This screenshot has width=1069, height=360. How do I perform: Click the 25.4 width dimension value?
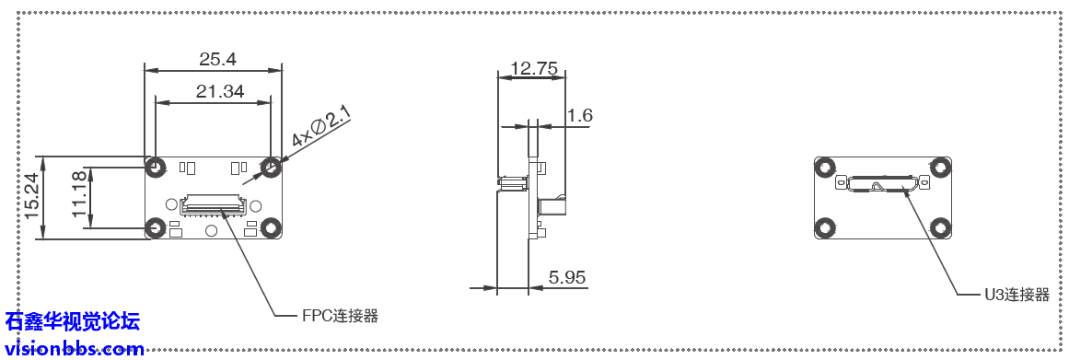pos(217,59)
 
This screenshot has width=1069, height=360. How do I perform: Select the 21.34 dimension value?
pos(220,90)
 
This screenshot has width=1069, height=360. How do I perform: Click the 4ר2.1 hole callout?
pos(320,126)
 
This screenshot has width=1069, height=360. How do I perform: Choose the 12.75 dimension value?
pos(533,68)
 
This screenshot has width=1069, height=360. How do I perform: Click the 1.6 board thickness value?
pos(579,115)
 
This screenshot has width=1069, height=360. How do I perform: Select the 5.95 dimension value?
pos(567,276)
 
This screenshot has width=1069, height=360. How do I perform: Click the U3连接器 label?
pos(1017,295)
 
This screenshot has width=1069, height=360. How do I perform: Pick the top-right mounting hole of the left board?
pos(271,168)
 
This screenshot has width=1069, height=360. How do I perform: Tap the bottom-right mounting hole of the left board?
pos(271,227)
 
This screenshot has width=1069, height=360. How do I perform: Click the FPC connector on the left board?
pos(215,203)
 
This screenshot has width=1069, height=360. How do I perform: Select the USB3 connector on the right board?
pos(882,183)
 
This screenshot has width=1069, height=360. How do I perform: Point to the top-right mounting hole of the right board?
pos(939,168)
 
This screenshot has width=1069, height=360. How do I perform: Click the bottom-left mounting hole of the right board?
pos(825,226)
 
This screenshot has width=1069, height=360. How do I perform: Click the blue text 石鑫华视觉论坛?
pos(73,321)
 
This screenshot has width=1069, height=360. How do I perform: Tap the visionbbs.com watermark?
pos(74,349)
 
